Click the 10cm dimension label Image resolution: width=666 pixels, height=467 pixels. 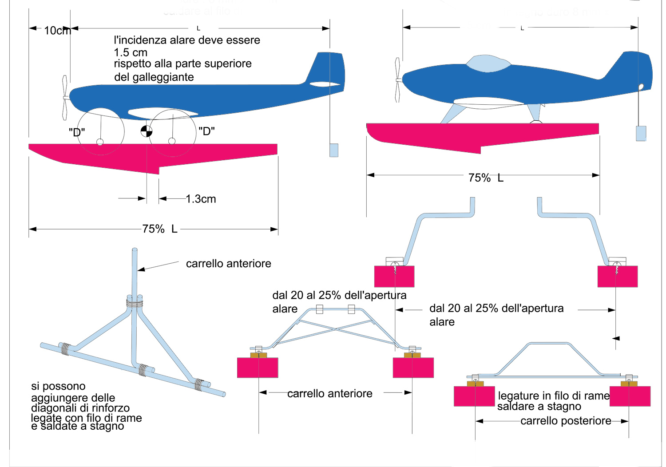point(57,31)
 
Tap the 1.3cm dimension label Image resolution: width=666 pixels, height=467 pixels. point(201,199)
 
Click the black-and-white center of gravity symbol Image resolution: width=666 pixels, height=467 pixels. point(147,131)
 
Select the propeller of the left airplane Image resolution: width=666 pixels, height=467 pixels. point(65,97)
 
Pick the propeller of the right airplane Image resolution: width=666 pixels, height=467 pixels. point(397,80)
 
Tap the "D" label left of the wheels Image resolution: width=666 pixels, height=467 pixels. point(76,132)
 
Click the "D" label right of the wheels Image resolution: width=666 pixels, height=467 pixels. point(206,131)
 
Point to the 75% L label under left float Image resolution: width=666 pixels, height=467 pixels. point(159,229)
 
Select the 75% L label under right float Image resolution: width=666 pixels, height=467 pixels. point(486,178)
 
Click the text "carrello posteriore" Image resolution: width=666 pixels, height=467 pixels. point(565,421)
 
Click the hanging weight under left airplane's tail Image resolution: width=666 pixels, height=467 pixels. point(334,150)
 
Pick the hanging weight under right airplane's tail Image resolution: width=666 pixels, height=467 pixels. point(641,133)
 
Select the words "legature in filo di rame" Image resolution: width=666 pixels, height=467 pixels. point(554,396)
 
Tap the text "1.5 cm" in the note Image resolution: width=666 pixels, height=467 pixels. point(131,52)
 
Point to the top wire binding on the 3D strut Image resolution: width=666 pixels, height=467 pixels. point(135,304)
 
